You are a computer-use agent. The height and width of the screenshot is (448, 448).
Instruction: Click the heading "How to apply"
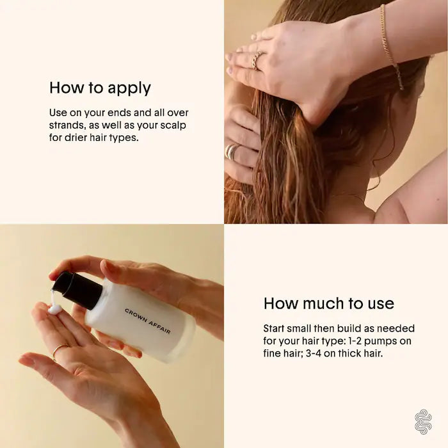(x=100, y=88)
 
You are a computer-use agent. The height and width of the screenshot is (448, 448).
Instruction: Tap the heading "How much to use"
(x=329, y=303)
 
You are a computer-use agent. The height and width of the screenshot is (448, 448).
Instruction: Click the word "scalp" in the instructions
(x=173, y=125)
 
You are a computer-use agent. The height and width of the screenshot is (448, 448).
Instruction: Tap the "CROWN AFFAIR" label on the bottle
(x=148, y=321)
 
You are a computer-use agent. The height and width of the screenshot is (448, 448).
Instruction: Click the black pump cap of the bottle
(x=77, y=291)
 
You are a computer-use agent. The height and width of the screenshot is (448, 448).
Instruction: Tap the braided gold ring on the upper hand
(x=256, y=60)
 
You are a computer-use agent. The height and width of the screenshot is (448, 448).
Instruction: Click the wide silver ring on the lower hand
(x=232, y=151)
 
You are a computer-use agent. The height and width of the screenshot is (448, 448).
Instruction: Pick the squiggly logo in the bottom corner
(x=423, y=422)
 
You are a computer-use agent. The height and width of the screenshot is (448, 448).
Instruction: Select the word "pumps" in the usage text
(x=381, y=342)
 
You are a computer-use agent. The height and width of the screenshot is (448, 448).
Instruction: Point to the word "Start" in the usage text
(x=274, y=328)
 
